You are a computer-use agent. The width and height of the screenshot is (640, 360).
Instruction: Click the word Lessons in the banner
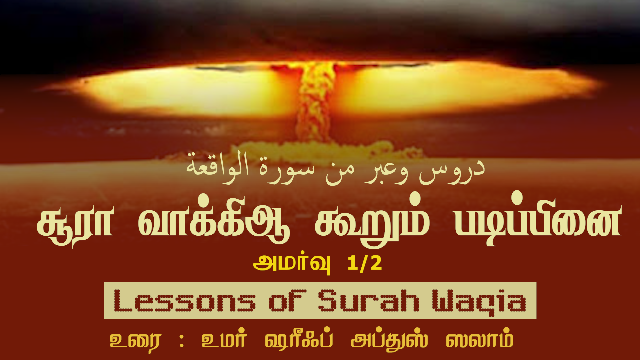184,301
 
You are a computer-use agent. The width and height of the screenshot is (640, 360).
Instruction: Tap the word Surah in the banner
368,301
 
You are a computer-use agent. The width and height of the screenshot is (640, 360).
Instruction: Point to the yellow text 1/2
364,263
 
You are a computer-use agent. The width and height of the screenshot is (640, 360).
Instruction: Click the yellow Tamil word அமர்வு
292,264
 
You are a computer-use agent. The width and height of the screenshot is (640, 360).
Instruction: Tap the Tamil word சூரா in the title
75,224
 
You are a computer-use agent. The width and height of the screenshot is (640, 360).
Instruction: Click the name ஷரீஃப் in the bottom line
299,339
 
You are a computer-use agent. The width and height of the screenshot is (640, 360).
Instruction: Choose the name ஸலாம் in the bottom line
480,339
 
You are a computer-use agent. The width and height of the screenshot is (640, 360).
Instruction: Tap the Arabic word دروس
452,173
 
